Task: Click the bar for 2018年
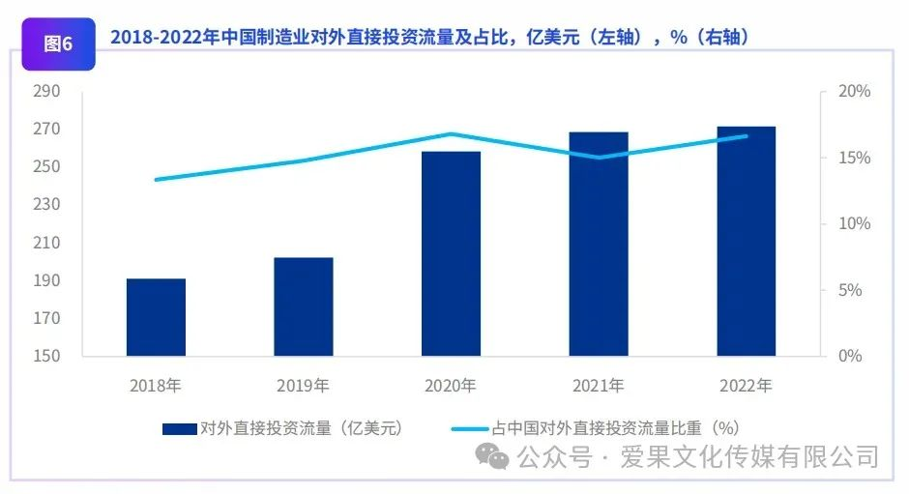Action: pyautogui.click(x=156, y=317)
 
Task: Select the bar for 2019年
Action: pyautogui.click(x=304, y=306)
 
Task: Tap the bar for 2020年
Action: pyautogui.click(x=451, y=253)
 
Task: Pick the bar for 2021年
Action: pyautogui.click(x=599, y=244)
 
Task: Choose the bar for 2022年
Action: pyautogui.click(x=746, y=241)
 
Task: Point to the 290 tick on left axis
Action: pyautogui.click(x=45, y=91)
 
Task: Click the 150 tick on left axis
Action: pyautogui.click(x=45, y=356)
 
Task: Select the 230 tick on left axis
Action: pyautogui.click(x=45, y=205)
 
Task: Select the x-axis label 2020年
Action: pyautogui.click(x=451, y=386)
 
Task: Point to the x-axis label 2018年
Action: pyautogui.click(x=156, y=386)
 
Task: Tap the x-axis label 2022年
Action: pyautogui.click(x=746, y=386)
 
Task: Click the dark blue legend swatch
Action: pyautogui.click(x=179, y=427)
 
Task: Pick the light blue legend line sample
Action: pyautogui.click(x=469, y=427)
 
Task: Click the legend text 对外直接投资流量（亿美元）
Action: pyautogui.click(x=300, y=427)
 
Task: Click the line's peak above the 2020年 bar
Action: pyautogui.click(x=451, y=134)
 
